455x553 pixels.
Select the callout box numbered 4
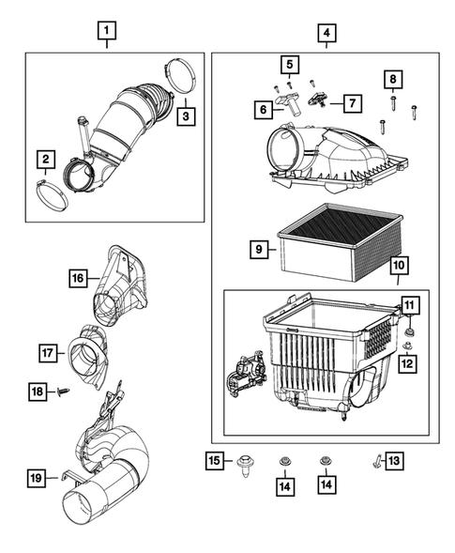(x=326, y=36)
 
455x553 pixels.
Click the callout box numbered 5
(x=290, y=65)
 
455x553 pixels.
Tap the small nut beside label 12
(x=405, y=347)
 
